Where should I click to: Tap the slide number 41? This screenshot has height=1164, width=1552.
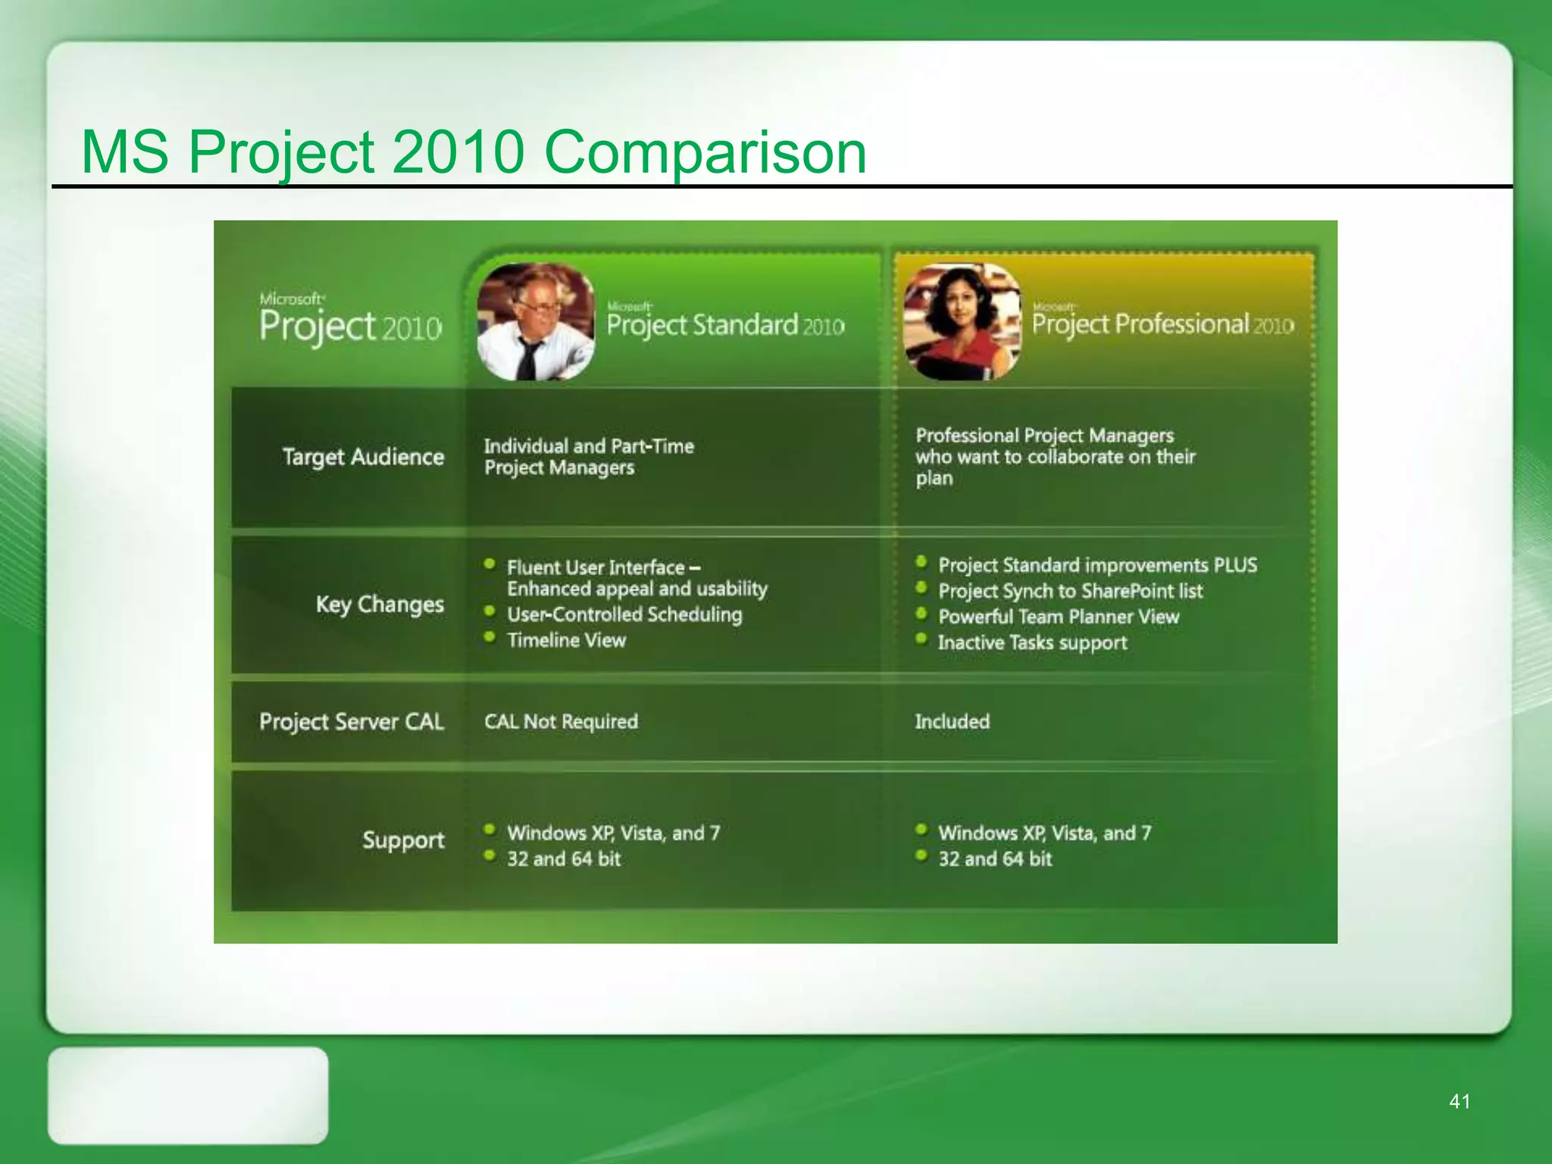click(1460, 1101)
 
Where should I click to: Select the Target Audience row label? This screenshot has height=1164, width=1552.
click(363, 457)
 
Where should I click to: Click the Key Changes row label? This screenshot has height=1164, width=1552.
click(380, 605)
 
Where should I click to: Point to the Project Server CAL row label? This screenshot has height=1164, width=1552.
click(351, 721)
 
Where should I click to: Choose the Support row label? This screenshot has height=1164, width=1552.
click(403, 840)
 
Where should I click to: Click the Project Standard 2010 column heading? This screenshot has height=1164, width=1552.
click(725, 325)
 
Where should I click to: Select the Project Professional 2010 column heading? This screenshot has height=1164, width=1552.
click(1162, 324)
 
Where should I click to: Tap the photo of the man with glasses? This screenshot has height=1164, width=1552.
click(535, 322)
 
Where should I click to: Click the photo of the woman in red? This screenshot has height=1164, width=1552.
click(962, 322)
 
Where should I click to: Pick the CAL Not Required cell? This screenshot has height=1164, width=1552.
click(561, 721)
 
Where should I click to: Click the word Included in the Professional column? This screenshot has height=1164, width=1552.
click(952, 721)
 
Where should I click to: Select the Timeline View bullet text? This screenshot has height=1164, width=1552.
click(566, 640)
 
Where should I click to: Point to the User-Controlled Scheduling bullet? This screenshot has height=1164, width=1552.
click(624, 615)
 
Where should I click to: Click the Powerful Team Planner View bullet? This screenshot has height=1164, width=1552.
click(1058, 617)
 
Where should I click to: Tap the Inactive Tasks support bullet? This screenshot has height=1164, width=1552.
click(1032, 643)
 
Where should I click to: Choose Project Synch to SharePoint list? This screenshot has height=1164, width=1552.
click(1070, 591)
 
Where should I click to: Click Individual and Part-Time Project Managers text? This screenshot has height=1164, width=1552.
click(589, 457)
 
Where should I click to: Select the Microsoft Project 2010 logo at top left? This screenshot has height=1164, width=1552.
click(350, 320)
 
